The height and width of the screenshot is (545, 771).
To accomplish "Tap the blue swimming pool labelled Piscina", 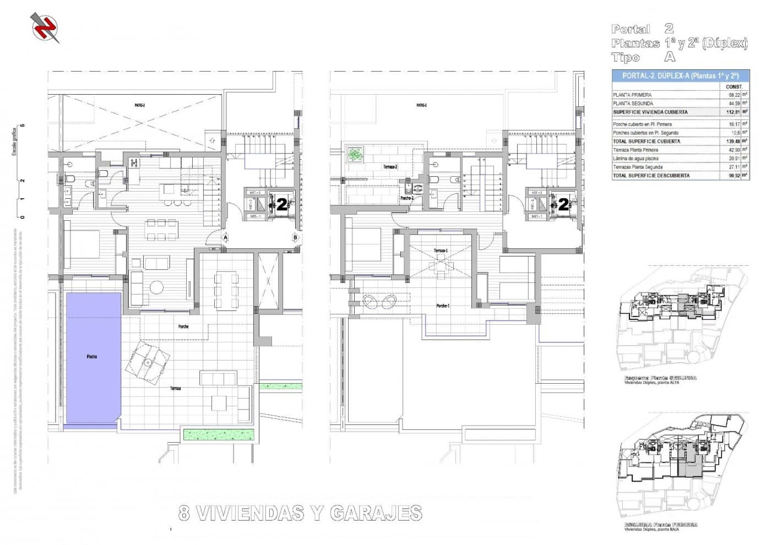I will (x=93, y=357).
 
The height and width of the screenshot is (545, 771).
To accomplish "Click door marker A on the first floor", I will (x=225, y=237).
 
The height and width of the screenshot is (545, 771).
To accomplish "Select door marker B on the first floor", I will (x=296, y=238).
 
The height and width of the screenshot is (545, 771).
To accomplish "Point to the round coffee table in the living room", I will (x=158, y=287).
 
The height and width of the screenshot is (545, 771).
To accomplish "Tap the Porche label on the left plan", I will (x=183, y=326).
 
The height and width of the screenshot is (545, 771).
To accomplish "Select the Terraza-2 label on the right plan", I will (x=390, y=166).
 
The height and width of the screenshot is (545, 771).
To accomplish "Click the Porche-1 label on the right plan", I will (x=443, y=306).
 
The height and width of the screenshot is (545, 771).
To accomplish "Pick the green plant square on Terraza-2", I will (x=355, y=154).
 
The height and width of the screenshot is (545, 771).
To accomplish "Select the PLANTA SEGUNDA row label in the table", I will (x=633, y=103).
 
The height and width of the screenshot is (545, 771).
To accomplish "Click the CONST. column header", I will (x=734, y=86).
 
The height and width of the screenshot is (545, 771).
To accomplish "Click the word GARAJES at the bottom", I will (x=376, y=513).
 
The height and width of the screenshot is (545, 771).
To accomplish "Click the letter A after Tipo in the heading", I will (x=670, y=57).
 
